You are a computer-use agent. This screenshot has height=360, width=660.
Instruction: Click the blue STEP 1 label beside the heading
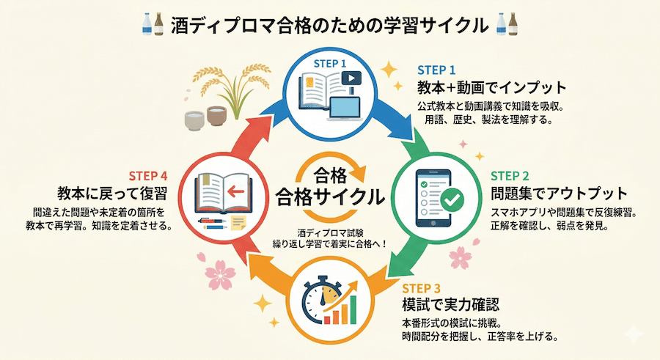442,70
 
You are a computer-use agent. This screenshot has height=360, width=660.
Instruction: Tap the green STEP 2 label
514,176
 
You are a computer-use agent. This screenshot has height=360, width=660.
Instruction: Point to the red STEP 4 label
148,176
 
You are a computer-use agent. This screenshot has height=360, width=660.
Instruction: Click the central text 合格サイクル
331,197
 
